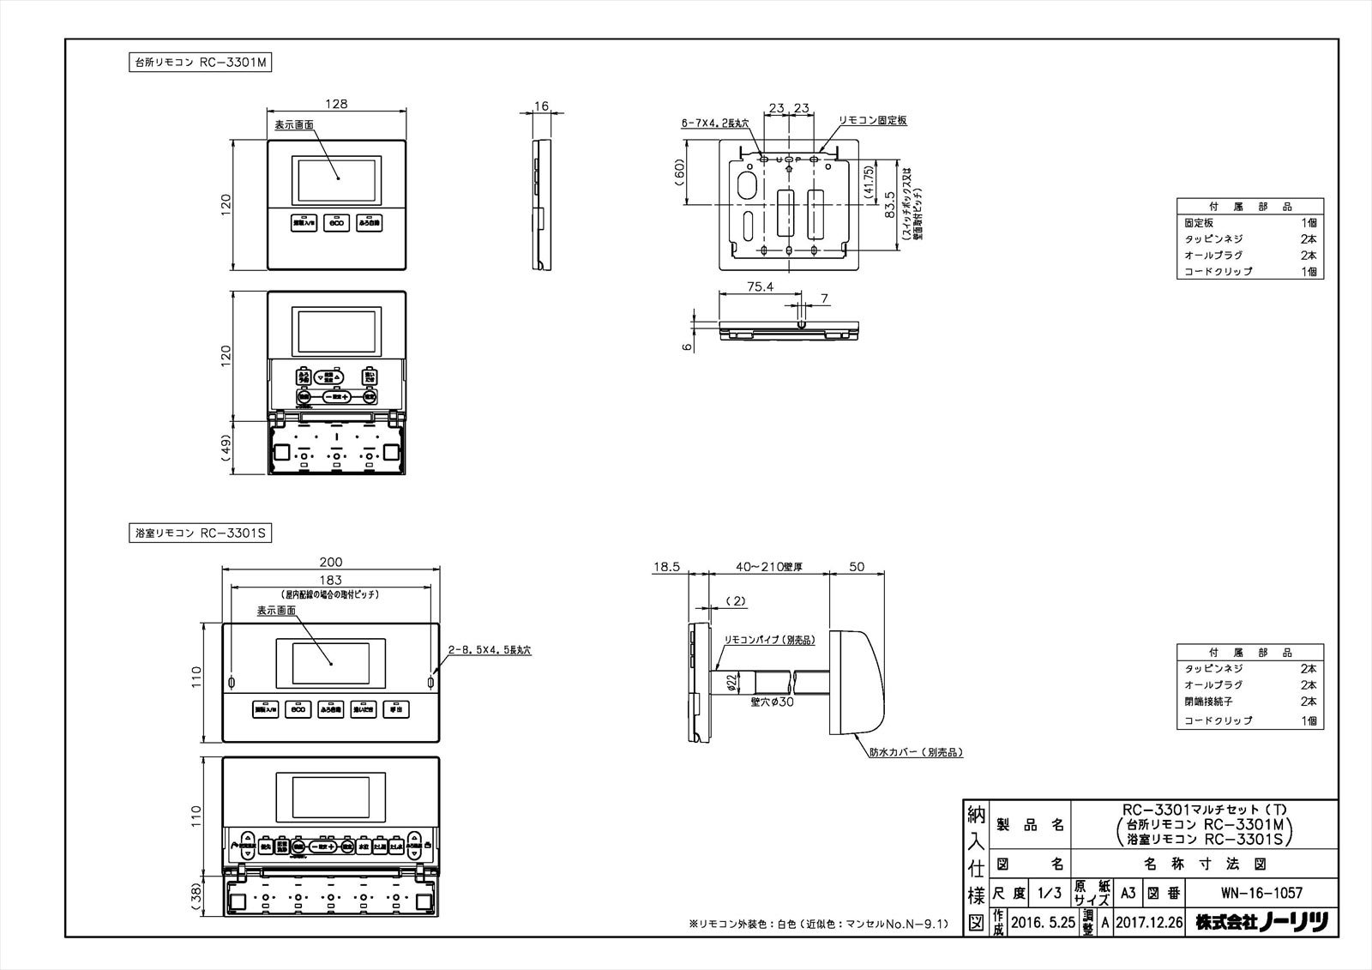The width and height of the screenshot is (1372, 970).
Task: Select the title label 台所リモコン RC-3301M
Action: (x=199, y=63)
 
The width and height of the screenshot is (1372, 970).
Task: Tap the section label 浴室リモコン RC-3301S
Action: (x=199, y=533)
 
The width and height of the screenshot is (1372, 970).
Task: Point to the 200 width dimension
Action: (x=330, y=563)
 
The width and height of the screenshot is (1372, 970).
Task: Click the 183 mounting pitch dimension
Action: (x=330, y=581)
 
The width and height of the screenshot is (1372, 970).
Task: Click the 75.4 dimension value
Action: (x=760, y=287)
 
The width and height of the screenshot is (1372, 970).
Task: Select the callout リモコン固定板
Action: (x=872, y=121)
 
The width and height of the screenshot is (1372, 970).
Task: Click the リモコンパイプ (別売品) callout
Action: (x=769, y=640)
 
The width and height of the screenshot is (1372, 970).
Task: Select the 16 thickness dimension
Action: (x=541, y=106)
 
